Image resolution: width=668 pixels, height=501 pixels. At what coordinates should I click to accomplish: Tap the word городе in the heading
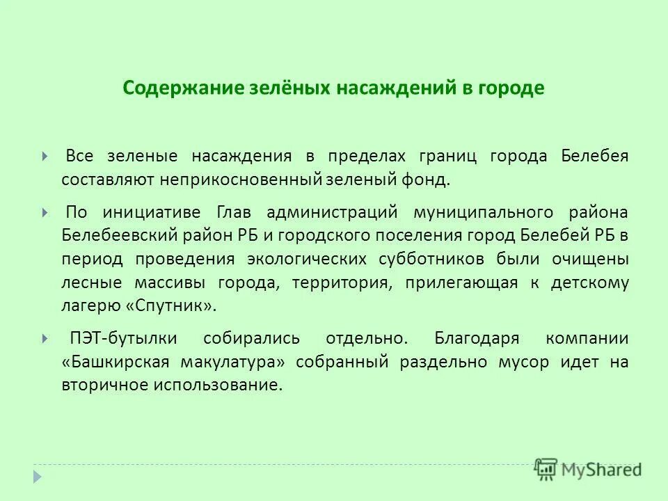(x=509, y=89)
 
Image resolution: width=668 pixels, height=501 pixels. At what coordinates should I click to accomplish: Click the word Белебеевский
(x=119, y=235)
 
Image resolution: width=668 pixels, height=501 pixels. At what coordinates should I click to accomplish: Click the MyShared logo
(x=588, y=468)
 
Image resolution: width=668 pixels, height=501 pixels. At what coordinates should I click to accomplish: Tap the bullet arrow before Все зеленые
(x=45, y=157)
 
